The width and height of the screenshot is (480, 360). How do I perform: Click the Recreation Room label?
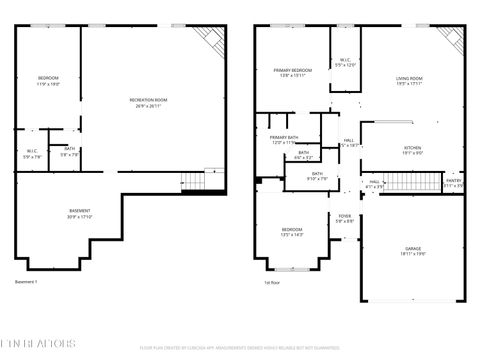[148, 102]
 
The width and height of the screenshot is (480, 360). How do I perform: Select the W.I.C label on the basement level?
[32, 154]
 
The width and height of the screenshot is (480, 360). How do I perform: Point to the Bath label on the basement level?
[68, 152]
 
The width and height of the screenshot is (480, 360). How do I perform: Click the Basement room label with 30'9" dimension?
[80, 213]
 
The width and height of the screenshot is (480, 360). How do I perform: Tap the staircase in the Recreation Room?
[193, 180]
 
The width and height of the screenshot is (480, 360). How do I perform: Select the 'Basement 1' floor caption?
[26, 282]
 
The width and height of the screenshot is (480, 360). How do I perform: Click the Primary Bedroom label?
[293, 73]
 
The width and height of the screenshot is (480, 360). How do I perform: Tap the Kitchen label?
[412, 150]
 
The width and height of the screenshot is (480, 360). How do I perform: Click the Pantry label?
[453, 184]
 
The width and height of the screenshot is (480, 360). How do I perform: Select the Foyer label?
[344, 218]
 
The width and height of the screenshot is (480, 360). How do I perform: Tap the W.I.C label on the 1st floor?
[344, 62]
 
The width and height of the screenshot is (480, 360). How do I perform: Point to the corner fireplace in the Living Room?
[451, 39]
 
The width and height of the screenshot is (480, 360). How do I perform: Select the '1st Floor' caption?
[271, 282]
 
